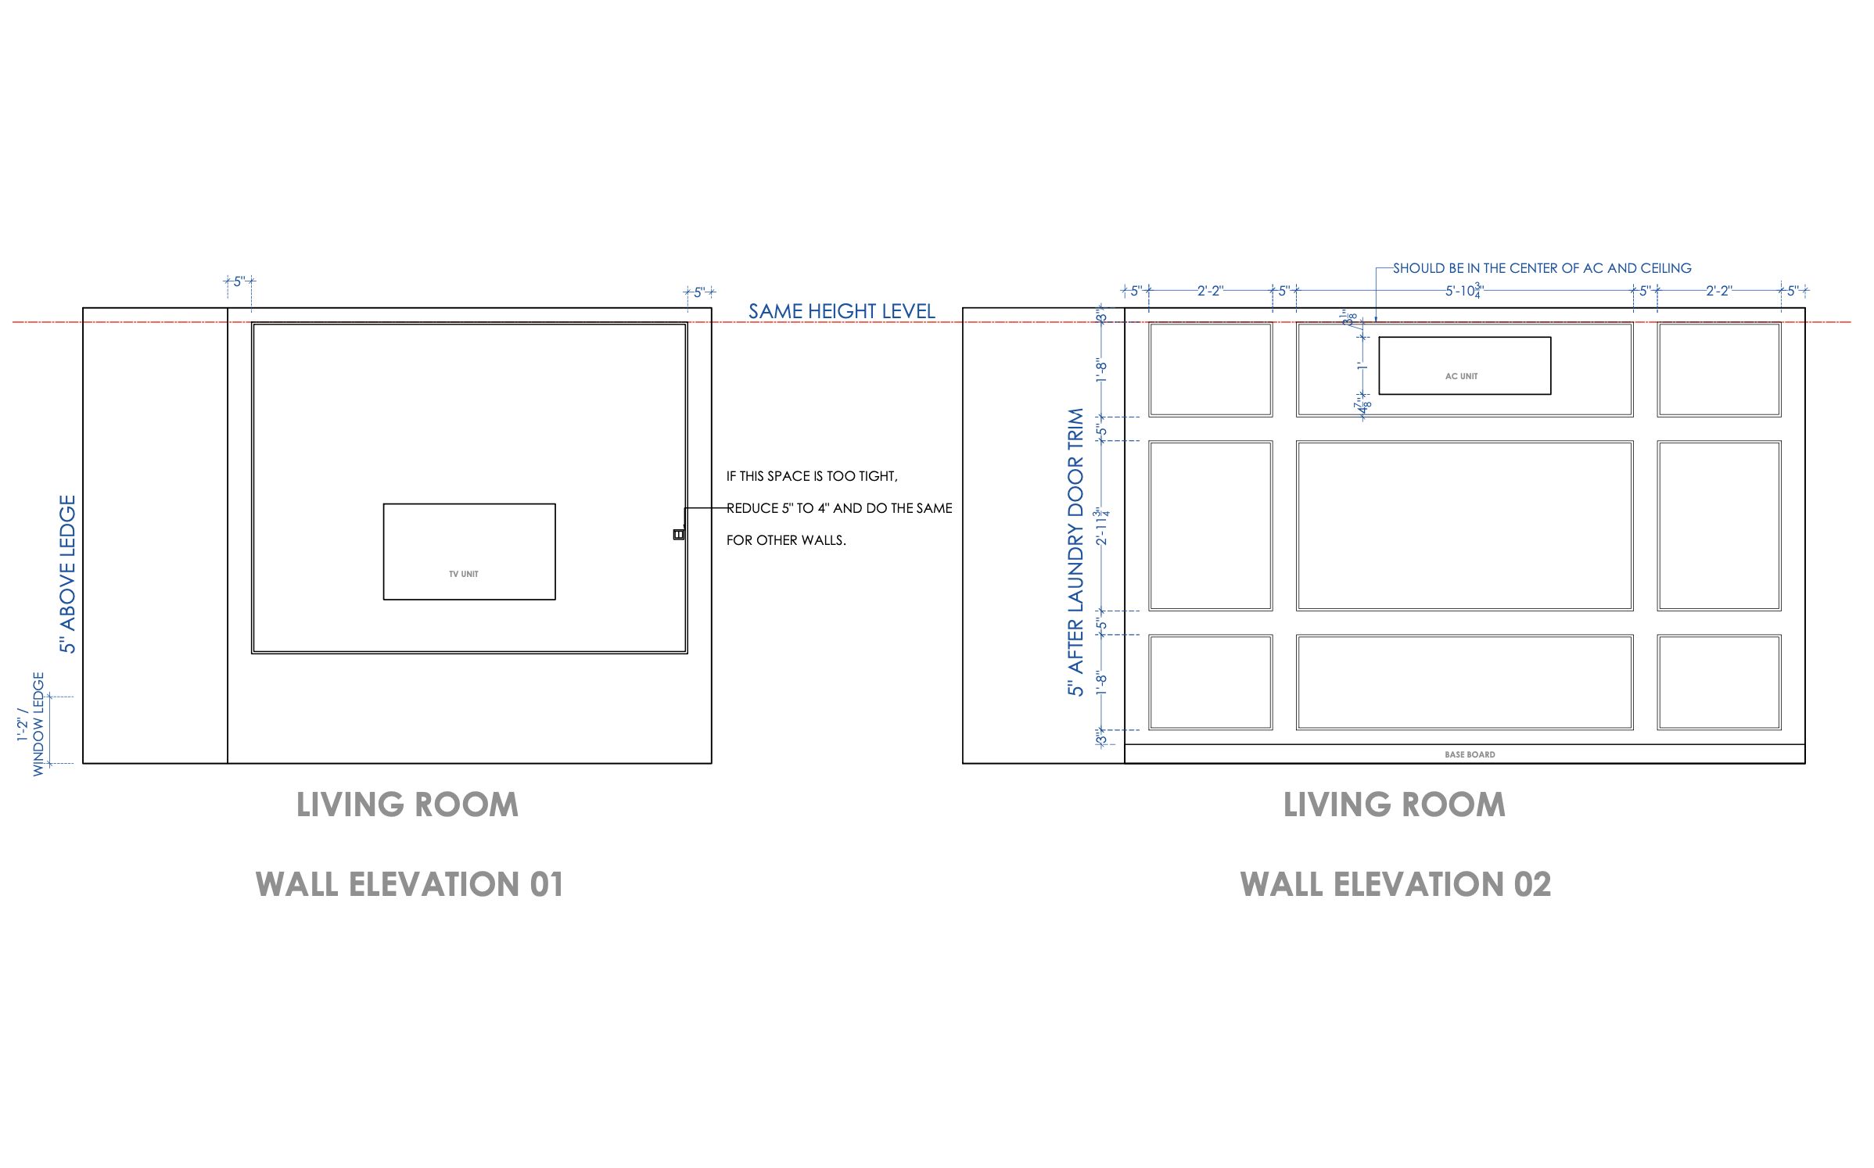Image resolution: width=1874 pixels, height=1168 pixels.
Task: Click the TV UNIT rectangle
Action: [468, 551]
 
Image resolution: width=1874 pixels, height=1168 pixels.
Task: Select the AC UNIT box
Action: [1463, 365]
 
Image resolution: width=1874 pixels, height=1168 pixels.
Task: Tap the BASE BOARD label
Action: [1469, 754]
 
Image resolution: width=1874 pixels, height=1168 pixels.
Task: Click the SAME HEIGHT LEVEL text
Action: [841, 311]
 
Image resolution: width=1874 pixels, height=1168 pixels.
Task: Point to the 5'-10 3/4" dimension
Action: [1463, 291]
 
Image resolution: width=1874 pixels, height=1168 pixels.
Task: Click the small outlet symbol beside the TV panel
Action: [678, 534]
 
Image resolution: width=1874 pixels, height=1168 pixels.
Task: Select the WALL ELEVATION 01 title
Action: [409, 884]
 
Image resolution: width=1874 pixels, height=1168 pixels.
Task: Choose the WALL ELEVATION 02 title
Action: [1395, 884]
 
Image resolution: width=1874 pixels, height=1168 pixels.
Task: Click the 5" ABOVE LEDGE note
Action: [68, 573]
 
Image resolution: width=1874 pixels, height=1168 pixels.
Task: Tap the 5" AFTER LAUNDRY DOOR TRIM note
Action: [1075, 551]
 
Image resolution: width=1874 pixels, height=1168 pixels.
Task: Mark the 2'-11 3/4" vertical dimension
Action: [1101, 526]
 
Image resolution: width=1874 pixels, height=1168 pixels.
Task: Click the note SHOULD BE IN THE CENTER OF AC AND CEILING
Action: [1541, 268]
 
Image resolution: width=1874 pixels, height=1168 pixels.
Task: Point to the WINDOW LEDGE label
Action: [38, 723]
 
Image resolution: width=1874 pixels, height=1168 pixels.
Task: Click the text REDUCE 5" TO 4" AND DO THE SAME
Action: [838, 508]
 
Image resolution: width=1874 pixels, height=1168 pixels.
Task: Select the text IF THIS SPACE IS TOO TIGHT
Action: [811, 476]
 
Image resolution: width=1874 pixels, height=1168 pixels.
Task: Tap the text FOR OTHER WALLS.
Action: [785, 540]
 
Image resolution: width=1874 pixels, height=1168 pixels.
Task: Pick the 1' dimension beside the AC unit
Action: [1362, 365]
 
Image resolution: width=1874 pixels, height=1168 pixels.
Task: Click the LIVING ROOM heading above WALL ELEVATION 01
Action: [407, 804]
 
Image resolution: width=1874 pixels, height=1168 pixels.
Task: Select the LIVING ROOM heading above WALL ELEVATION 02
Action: [1393, 804]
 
